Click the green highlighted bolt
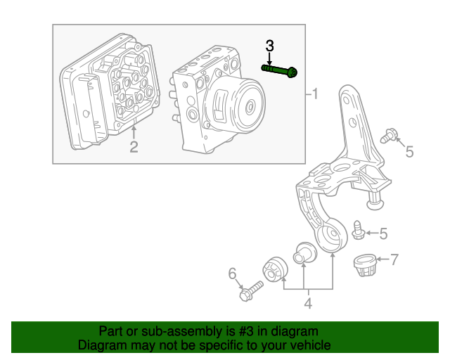[279, 70]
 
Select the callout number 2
[134, 147]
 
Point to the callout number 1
[316, 94]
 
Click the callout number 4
[307, 304]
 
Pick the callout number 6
[232, 273]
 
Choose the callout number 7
[394, 259]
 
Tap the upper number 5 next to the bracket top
[409, 151]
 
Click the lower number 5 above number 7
[383, 233]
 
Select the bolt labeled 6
[250, 290]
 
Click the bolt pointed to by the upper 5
[388, 136]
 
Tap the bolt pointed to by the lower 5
[359, 228]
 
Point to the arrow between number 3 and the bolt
[269, 59]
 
